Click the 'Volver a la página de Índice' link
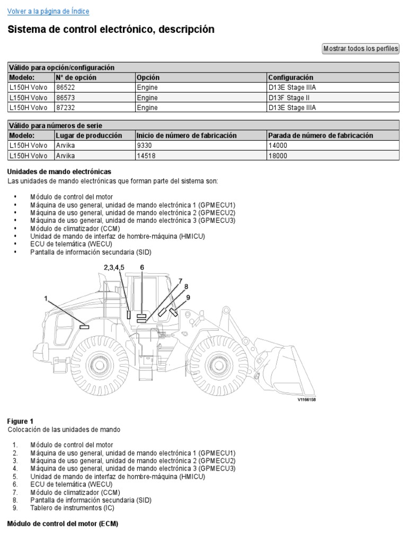[48, 11]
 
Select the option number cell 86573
[65, 97]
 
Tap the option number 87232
[65, 107]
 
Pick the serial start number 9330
[144, 145]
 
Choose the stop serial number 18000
[277, 155]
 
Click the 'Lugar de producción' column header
[89, 135]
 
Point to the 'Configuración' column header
[291, 77]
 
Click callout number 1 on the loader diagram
[46, 299]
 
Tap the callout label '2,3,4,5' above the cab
[114, 267]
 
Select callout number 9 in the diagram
[188, 297]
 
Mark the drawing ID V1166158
[306, 400]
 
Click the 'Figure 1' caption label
[20, 421]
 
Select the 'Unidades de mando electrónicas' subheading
[59, 171]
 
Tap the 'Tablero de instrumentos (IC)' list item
[72, 508]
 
